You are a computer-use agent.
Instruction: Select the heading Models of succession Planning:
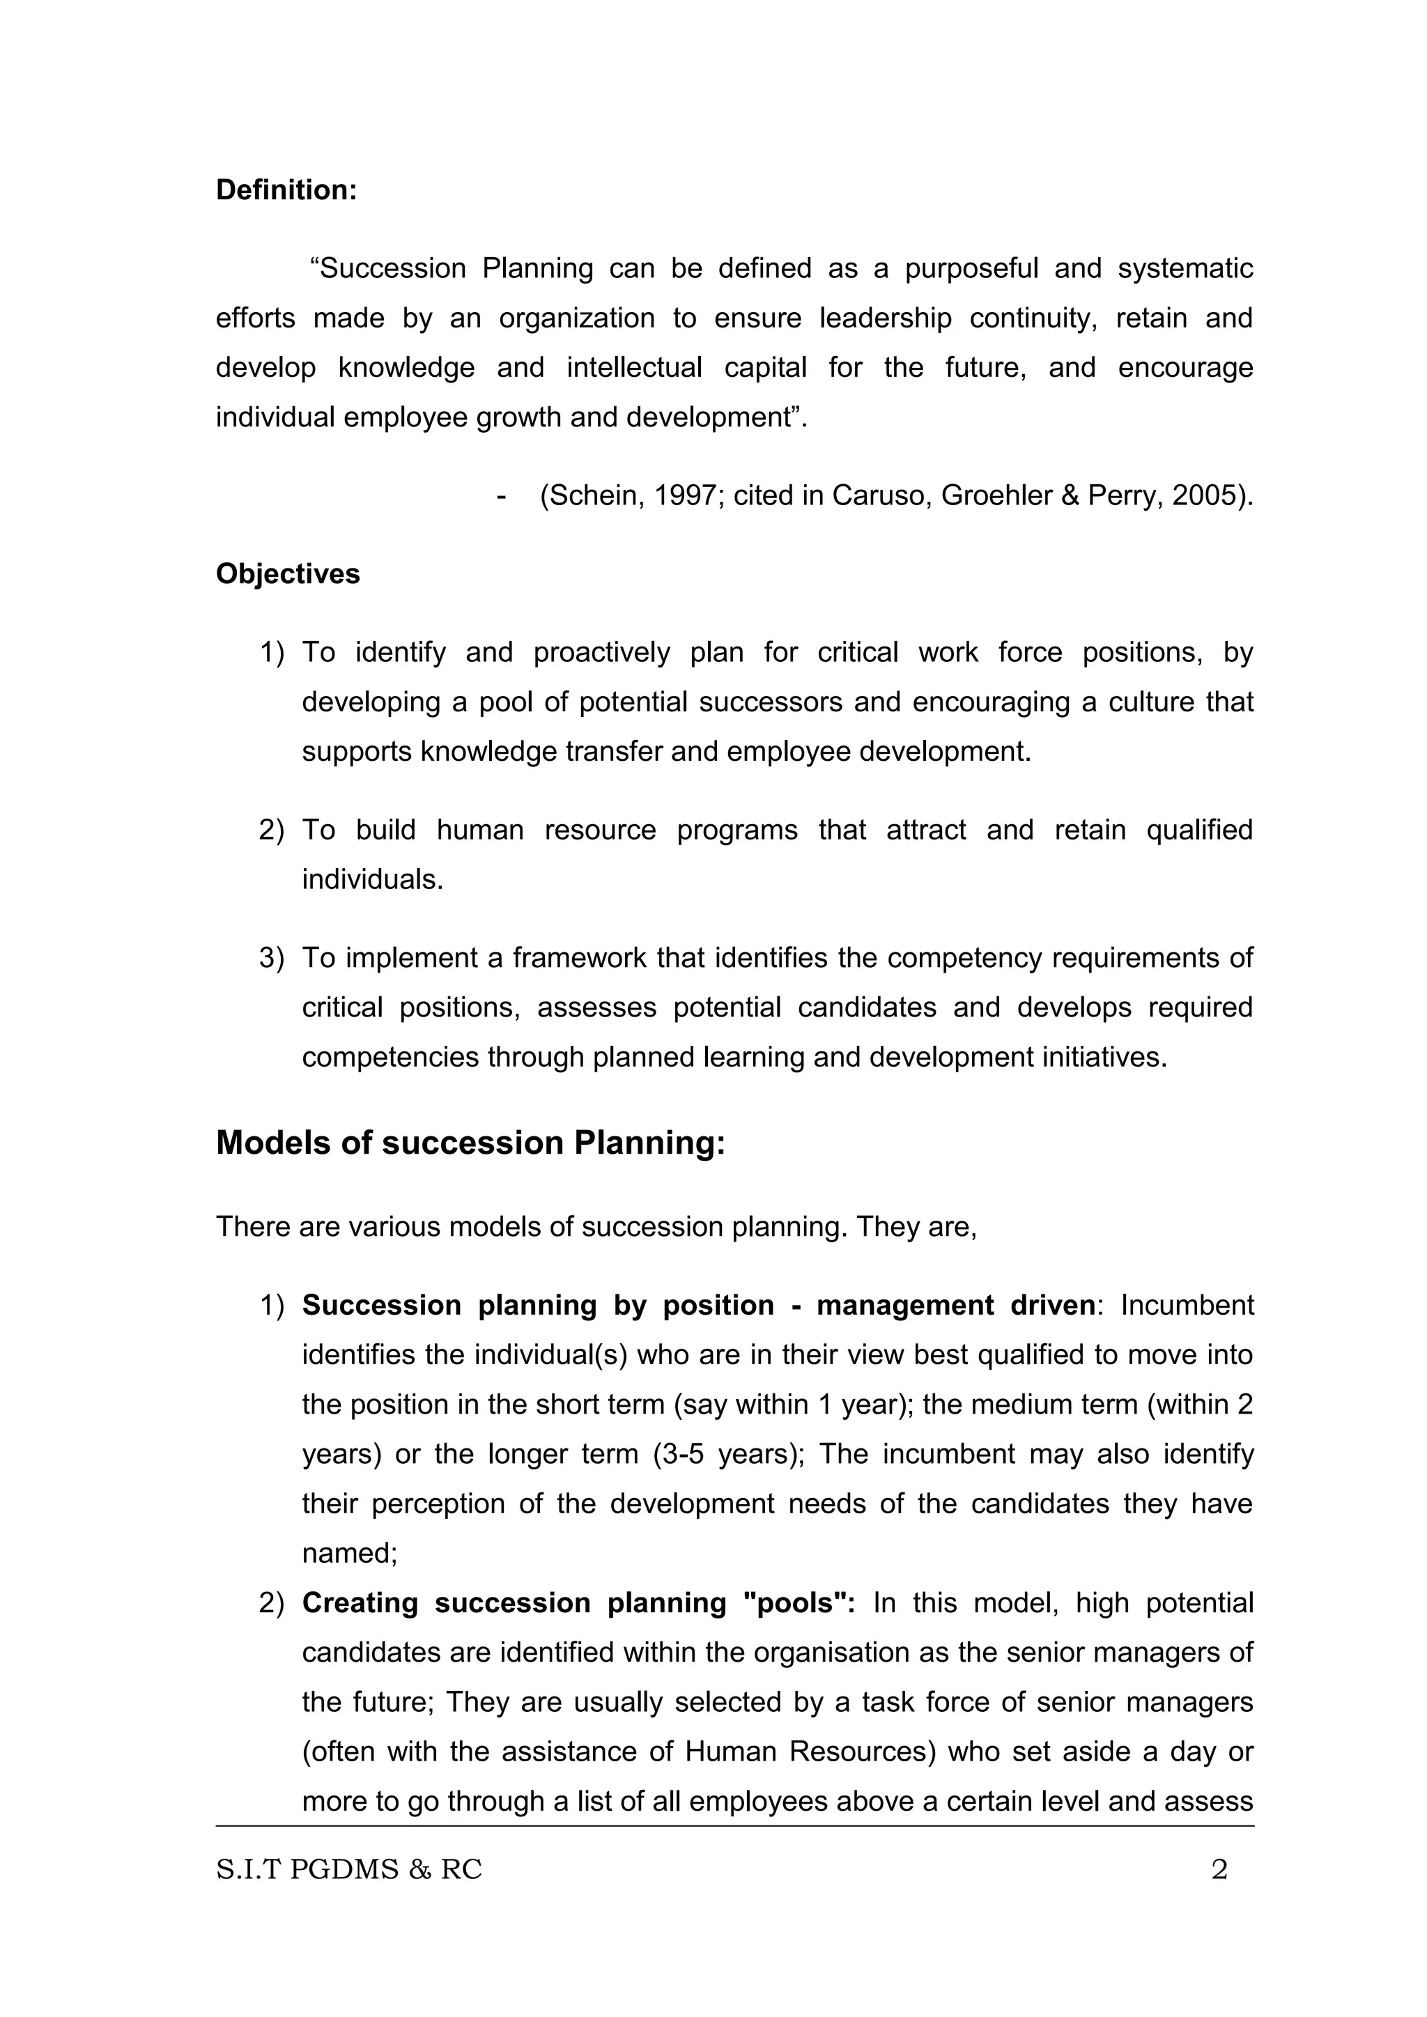click(470, 1142)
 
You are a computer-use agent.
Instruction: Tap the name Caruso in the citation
click(881, 496)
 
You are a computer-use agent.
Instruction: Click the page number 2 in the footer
click(1219, 1869)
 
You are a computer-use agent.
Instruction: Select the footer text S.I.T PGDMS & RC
click(349, 1869)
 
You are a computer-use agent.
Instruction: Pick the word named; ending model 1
click(350, 1554)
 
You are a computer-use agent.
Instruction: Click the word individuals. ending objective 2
click(373, 879)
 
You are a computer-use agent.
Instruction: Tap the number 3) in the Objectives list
click(272, 957)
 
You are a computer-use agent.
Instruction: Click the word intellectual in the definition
click(633, 367)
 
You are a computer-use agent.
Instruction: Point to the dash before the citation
click(501, 496)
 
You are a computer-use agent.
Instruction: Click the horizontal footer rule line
click(734, 1825)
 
